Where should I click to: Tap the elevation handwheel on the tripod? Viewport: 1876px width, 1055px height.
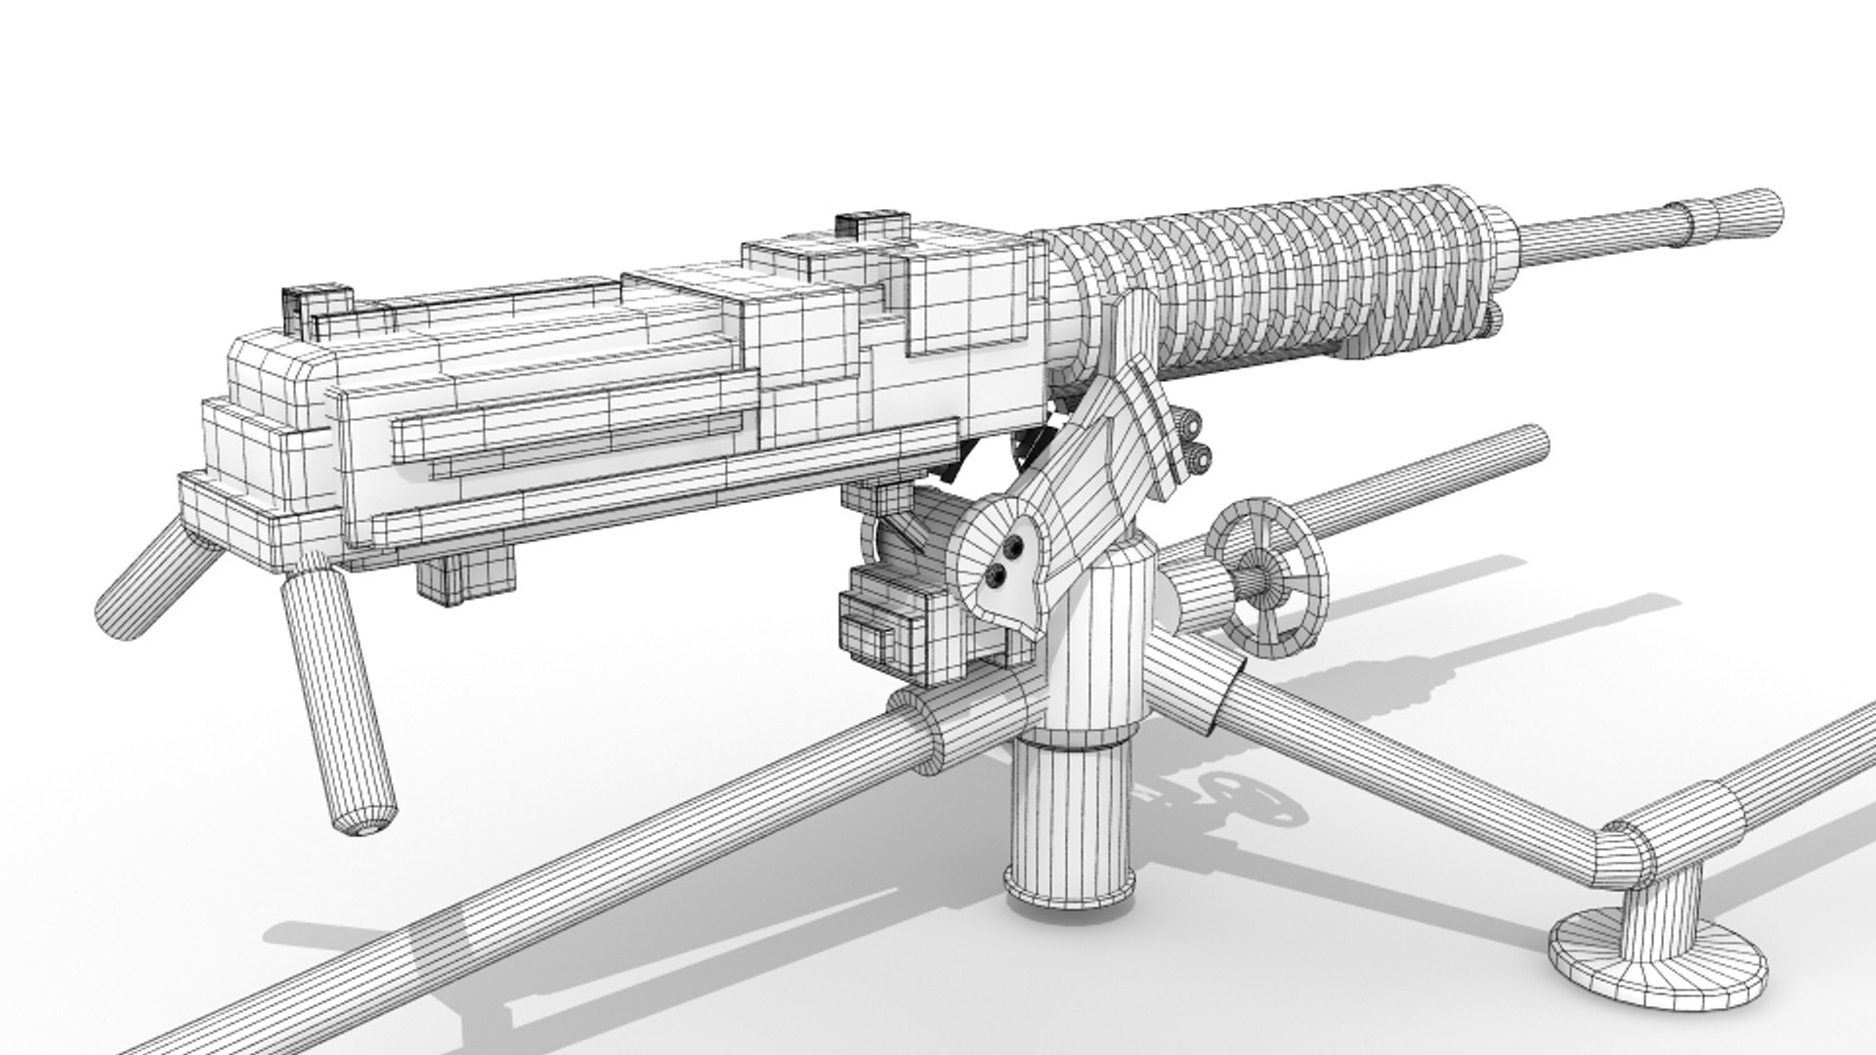click(1267, 576)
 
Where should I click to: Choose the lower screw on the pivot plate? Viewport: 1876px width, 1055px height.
click(998, 576)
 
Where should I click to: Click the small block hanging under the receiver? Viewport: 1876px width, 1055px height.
click(465, 572)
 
